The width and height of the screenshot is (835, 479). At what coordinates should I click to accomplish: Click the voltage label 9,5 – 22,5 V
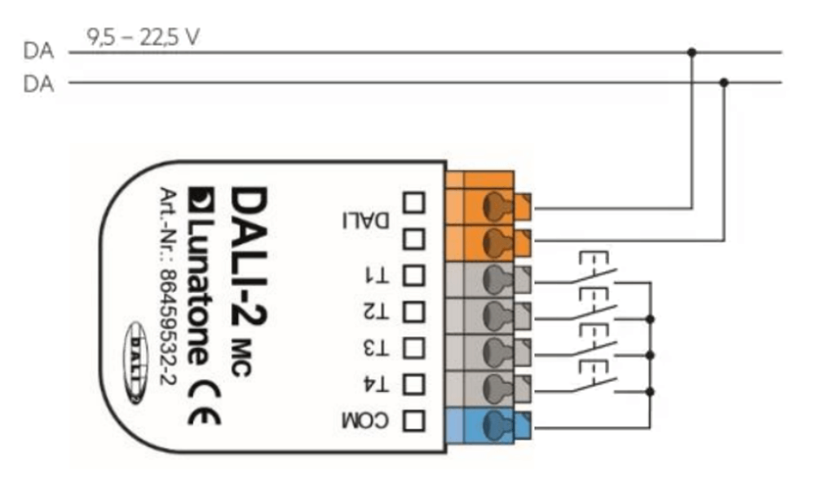point(144,38)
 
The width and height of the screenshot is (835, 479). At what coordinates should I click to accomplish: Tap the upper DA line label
point(38,52)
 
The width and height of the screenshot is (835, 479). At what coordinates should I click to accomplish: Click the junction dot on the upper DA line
point(691,52)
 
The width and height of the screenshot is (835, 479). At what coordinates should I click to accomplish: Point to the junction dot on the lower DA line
point(723,82)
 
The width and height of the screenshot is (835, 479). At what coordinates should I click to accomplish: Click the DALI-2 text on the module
point(247,254)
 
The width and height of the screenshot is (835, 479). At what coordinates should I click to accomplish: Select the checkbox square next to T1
point(414,275)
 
